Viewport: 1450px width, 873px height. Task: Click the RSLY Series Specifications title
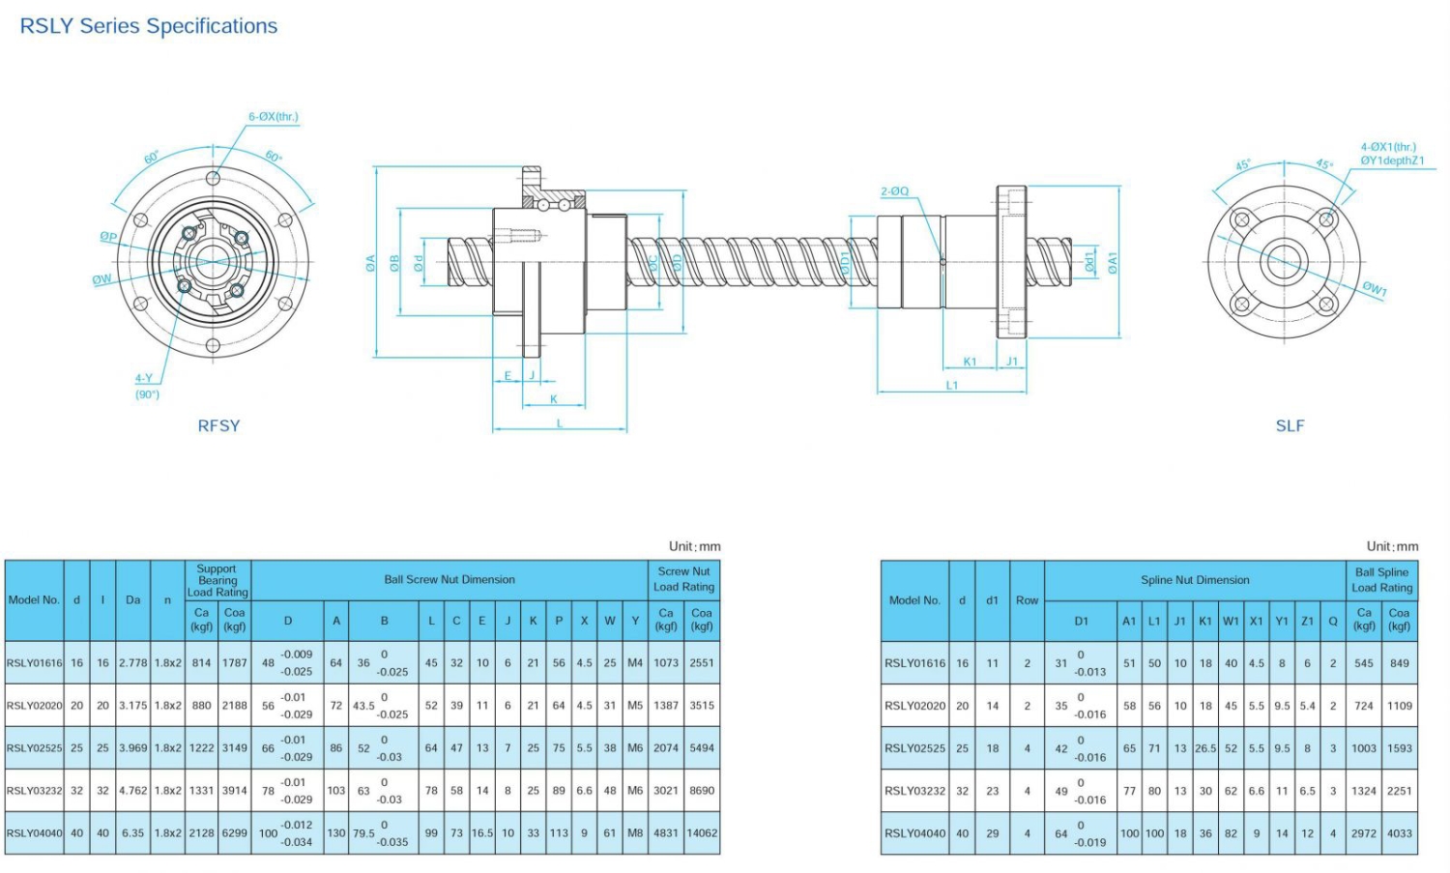point(149,26)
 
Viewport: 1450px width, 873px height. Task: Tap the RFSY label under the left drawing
point(218,425)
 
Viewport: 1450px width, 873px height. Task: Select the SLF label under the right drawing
point(1290,425)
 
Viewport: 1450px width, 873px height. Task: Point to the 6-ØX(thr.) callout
point(274,117)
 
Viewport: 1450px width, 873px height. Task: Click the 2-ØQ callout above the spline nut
point(894,191)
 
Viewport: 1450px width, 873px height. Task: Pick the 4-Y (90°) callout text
point(146,386)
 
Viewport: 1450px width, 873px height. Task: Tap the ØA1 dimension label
point(1113,262)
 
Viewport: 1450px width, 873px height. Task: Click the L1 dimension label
point(952,385)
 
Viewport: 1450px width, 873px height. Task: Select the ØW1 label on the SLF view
point(1375,289)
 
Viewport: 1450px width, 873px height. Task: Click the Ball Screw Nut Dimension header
point(449,580)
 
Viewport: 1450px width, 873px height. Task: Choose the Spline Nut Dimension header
point(1195,580)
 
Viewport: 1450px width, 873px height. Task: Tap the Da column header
point(133,600)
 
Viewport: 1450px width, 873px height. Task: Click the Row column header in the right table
point(1027,600)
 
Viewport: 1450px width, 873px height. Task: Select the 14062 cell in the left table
point(702,833)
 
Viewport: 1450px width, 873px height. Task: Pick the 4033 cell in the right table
point(1399,833)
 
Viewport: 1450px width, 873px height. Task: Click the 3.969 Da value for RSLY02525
point(133,748)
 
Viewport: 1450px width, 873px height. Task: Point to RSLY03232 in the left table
point(34,791)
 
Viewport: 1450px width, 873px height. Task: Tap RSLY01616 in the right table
point(914,663)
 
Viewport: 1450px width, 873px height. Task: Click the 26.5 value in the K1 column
point(1205,748)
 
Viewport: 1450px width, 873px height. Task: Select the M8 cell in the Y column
point(635,833)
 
